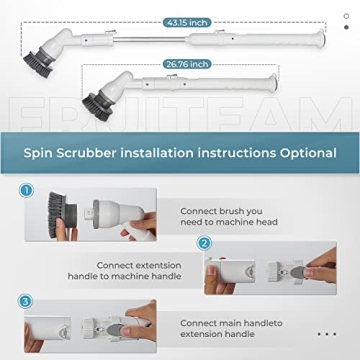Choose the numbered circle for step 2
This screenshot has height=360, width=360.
coord(204,243)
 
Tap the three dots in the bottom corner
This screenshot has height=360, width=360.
coord(325,334)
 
